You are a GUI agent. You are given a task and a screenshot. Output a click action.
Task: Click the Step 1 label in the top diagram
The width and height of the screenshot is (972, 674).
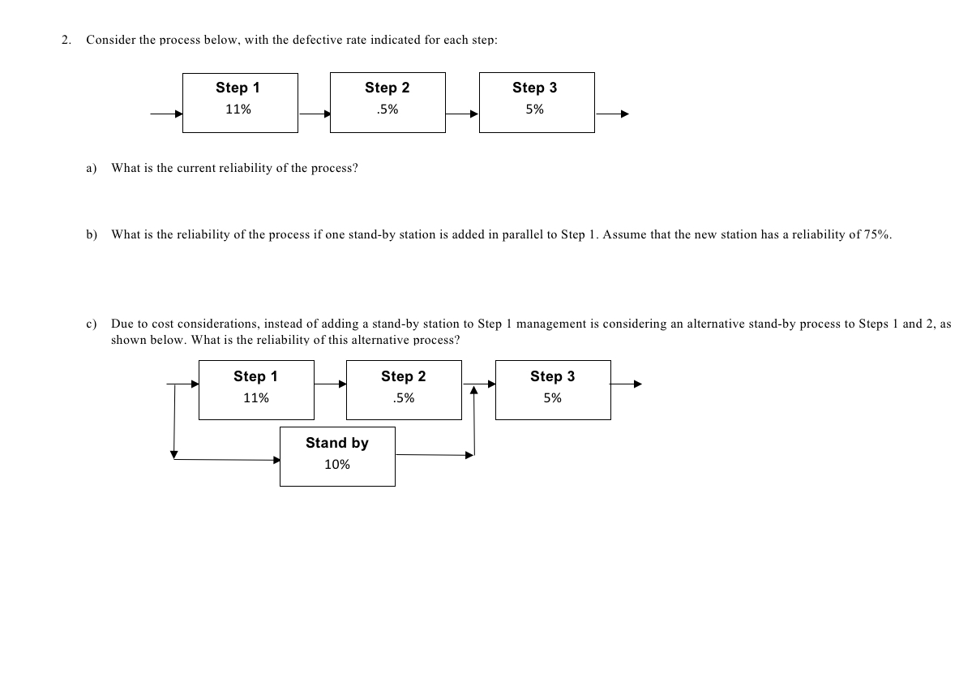coord(238,88)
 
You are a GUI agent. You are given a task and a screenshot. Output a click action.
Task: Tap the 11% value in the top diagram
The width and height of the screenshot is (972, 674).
coord(238,109)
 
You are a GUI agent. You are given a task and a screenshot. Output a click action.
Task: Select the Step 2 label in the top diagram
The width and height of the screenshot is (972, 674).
coord(387,88)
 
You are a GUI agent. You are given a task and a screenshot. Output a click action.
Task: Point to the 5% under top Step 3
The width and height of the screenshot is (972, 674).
coord(534,109)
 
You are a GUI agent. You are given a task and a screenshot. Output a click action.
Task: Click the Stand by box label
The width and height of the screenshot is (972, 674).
coord(336,443)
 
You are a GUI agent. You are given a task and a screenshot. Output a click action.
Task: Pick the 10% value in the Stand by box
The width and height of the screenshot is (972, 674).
coord(336,465)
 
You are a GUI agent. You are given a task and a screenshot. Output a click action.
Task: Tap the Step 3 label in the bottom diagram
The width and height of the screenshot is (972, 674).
coord(552,376)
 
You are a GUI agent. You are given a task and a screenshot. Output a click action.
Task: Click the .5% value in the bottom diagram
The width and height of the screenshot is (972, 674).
coord(403,398)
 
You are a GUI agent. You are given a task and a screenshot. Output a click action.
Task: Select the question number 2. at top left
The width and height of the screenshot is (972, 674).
coord(66,40)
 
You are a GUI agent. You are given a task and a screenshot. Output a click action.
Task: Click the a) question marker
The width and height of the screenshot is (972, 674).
coord(92,168)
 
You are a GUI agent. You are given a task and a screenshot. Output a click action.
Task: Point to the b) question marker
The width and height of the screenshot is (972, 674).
coord(92,234)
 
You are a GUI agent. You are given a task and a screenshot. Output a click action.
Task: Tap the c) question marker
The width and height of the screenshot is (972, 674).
coord(92,324)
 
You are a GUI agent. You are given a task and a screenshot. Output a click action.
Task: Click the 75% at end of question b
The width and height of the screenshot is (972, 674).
coord(877,234)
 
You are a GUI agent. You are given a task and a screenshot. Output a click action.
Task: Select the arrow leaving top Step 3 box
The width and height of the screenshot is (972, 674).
coord(611,114)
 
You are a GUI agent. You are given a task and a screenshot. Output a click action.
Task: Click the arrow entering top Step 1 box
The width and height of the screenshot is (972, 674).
coord(166,114)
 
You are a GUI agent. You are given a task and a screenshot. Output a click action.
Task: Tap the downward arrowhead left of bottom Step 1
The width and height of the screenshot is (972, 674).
coord(173,453)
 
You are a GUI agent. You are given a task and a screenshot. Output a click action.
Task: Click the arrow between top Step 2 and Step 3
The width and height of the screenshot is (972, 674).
coord(463,114)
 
